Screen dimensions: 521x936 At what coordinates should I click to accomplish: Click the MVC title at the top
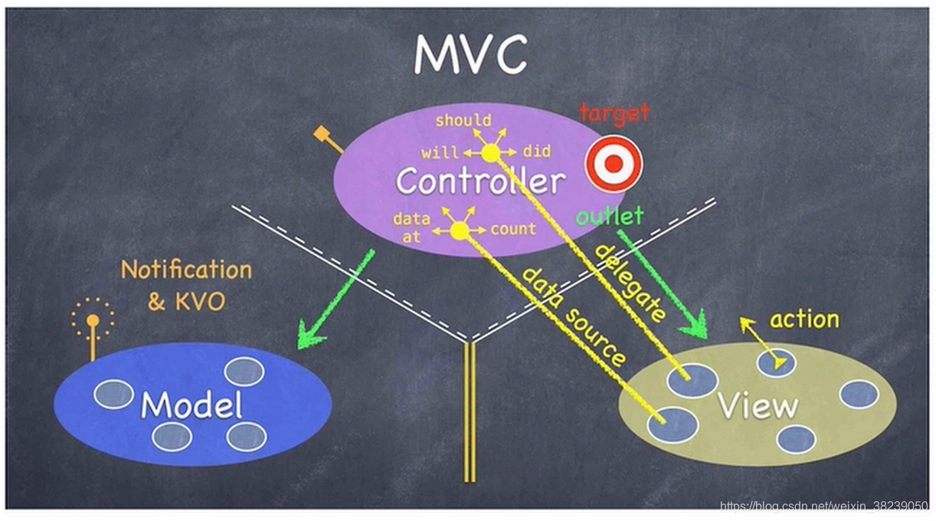point(470,55)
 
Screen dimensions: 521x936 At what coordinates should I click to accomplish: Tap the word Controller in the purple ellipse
point(480,182)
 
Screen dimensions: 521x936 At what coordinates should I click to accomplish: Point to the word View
point(758,406)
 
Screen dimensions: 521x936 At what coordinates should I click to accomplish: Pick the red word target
point(614,114)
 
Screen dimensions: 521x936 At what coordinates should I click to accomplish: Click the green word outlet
point(610,217)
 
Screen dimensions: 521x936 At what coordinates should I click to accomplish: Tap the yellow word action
point(804,319)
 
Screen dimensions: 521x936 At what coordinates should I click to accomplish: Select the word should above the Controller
point(463,121)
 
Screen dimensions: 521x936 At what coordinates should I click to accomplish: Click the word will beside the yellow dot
point(440,152)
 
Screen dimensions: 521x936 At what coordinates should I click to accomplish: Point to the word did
point(536,152)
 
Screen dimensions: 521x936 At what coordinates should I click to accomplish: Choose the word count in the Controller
point(513,229)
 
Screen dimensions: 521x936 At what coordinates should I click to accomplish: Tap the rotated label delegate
point(630,283)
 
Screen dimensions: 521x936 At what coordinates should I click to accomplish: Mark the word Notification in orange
point(186,270)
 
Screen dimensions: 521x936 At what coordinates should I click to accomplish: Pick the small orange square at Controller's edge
point(321,135)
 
